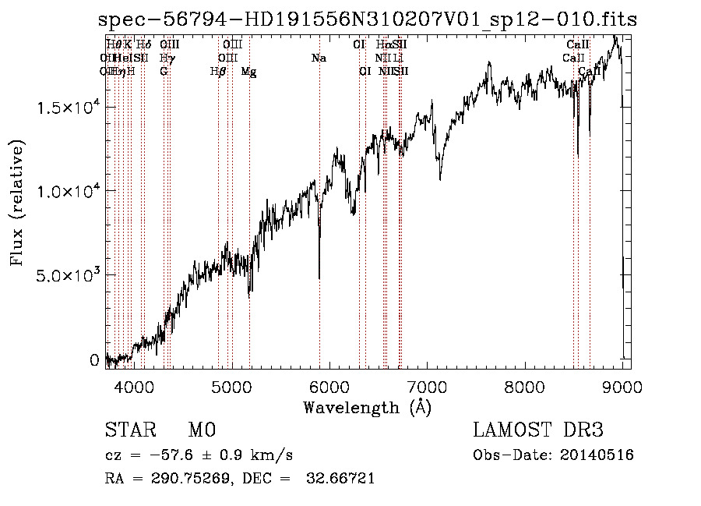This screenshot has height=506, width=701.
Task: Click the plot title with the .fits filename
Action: click(x=368, y=21)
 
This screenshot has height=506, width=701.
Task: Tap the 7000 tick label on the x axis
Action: click(x=427, y=387)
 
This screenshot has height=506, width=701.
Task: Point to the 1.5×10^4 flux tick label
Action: click(x=69, y=107)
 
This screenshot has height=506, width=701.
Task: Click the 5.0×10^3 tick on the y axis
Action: click(x=69, y=276)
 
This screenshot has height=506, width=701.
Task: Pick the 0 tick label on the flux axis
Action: click(x=94, y=360)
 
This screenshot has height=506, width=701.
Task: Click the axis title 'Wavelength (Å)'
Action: click(x=367, y=407)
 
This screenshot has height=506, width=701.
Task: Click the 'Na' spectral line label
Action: click(x=318, y=58)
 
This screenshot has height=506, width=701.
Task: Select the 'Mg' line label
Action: click(x=248, y=72)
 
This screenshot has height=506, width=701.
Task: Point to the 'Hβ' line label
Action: click(x=218, y=72)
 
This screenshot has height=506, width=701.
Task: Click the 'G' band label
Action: click(x=164, y=72)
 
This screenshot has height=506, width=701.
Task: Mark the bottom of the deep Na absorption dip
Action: click(x=319, y=277)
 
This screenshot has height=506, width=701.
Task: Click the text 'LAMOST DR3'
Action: click(x=538, y=430)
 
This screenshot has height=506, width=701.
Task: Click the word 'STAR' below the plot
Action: click(x=129, y=430)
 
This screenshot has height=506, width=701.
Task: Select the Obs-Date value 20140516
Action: click(x=602, y=455)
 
